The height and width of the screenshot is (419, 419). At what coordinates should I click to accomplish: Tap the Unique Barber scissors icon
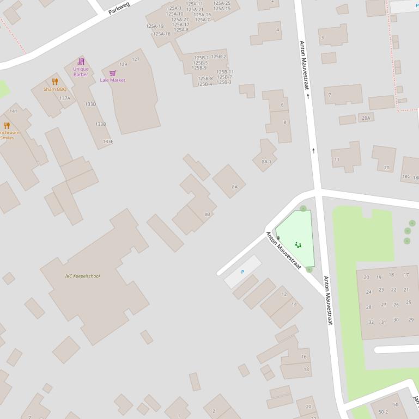coord(81,61)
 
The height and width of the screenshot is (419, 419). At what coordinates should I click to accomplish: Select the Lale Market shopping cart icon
coord(113,73)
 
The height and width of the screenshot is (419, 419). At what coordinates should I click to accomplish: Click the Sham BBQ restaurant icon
coord(55,82)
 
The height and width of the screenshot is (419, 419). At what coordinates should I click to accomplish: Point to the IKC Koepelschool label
coord(82,276)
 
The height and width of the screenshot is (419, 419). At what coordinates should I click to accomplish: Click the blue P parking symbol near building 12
coord(242,272)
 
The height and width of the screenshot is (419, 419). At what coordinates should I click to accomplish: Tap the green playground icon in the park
coord(298,245)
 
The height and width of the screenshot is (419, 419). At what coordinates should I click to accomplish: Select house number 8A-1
coord(266,162)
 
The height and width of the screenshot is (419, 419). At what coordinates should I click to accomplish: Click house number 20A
coord(366,118)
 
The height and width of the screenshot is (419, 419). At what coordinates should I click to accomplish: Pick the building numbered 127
coord(136,59)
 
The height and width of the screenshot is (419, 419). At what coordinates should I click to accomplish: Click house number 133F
coord(108,141)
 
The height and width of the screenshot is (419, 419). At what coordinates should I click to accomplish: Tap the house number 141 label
coord(14,111)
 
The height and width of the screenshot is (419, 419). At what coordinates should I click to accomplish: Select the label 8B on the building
coord(207,214)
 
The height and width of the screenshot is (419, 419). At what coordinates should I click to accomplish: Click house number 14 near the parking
coord(294,304)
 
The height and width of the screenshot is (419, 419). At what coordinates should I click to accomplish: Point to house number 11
coord(337,160)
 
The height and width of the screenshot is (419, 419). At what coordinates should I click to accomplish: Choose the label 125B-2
coord(218,57)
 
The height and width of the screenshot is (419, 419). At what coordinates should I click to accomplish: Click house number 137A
coord(65,98)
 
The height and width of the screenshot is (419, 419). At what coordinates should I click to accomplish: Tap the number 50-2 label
coord(383,412)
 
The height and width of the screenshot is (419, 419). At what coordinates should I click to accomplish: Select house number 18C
coord(406,176)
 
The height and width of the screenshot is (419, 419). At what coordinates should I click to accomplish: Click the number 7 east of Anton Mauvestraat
coord(329,95)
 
